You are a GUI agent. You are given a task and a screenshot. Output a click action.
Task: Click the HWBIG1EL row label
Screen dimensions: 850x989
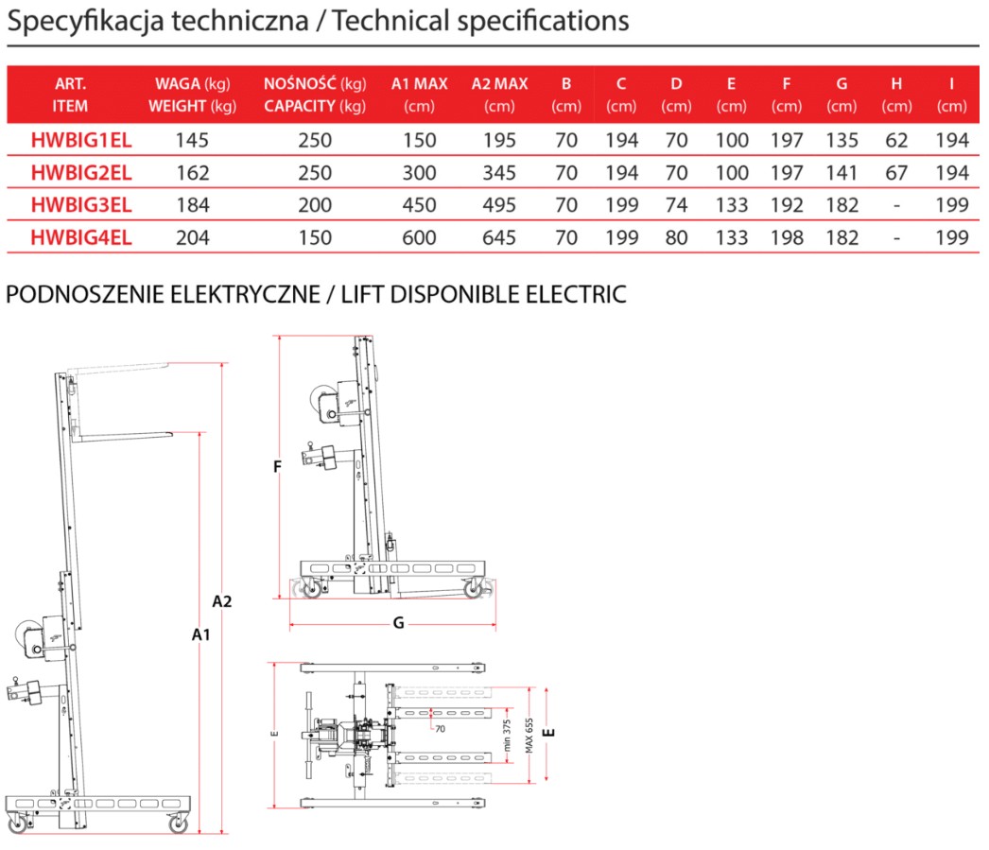click(x=81, y=141)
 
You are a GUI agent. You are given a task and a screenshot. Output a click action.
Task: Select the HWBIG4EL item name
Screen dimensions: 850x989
click(x=81, y=237)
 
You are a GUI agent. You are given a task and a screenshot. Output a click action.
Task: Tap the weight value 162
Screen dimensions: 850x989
click(x=192, y=173)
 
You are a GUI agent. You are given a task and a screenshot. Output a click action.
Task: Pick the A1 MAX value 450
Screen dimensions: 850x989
click(x=419, y=205)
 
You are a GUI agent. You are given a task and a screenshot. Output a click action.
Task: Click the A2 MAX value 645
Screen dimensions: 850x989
click(x=499, y=237)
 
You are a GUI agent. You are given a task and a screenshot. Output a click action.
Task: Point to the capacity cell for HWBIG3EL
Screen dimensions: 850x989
click(x=315, y=205)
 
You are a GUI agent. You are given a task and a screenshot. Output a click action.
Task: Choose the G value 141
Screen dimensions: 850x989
click(x=842, y=173)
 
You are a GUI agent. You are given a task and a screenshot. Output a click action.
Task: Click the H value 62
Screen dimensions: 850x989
click(x=896, y=141)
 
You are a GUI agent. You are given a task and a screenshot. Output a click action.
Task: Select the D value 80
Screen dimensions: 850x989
click(x=676, y=237)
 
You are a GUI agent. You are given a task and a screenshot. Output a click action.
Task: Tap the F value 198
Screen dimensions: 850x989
click(x=787, y=237)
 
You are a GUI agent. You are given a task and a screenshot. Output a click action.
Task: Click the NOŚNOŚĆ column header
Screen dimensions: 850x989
click(x=315, y=85)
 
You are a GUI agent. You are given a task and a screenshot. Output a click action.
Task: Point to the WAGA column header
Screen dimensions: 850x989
click(x=192, y=85)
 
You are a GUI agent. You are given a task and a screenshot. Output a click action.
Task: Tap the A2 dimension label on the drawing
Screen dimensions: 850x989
click(x=222, y=600)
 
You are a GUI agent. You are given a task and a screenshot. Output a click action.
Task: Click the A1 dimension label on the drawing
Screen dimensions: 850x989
click(x=200, y=635)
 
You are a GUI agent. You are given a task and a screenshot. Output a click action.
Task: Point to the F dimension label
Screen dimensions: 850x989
click(x=277, y=465)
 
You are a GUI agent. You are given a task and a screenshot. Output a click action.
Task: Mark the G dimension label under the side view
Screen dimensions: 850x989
click(x=398, y=622)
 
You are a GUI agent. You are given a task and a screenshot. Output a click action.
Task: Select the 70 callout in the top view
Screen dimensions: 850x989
click(x=440, y=729)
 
